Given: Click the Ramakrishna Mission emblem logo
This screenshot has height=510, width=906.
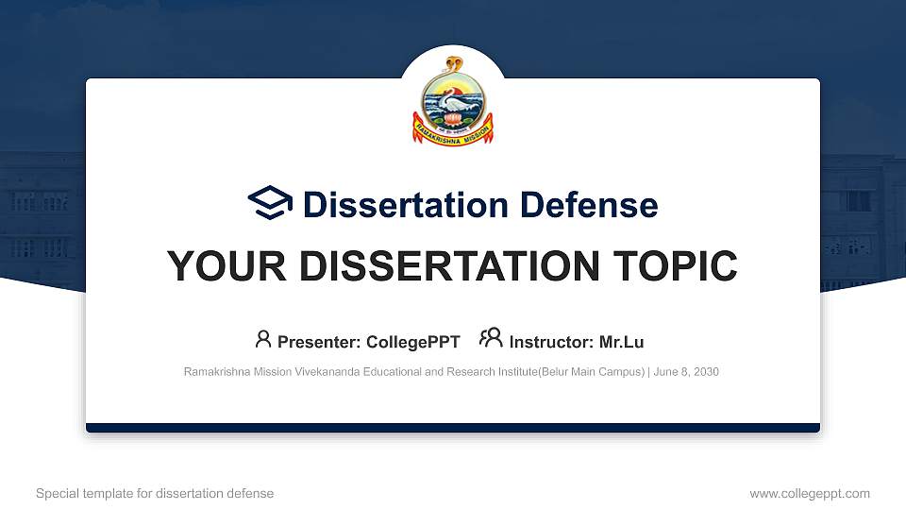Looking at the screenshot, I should [x=453, y=99].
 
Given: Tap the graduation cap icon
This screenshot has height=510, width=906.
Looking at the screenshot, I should [x=270, y=203].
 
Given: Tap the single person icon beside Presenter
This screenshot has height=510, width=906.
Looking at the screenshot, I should [x=263, y=339].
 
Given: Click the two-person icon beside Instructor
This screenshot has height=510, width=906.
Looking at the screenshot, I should [x=491, y=339].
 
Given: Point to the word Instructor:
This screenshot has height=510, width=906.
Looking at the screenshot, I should [x=551, y=342].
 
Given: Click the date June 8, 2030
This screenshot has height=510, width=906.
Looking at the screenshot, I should [x=686, y=372].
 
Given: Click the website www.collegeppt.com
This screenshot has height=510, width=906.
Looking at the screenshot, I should [x=810, y=493].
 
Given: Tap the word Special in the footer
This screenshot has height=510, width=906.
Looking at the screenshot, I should [x=55, y=493].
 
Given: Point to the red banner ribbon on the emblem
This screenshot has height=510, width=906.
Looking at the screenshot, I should [x=453, y=131].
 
